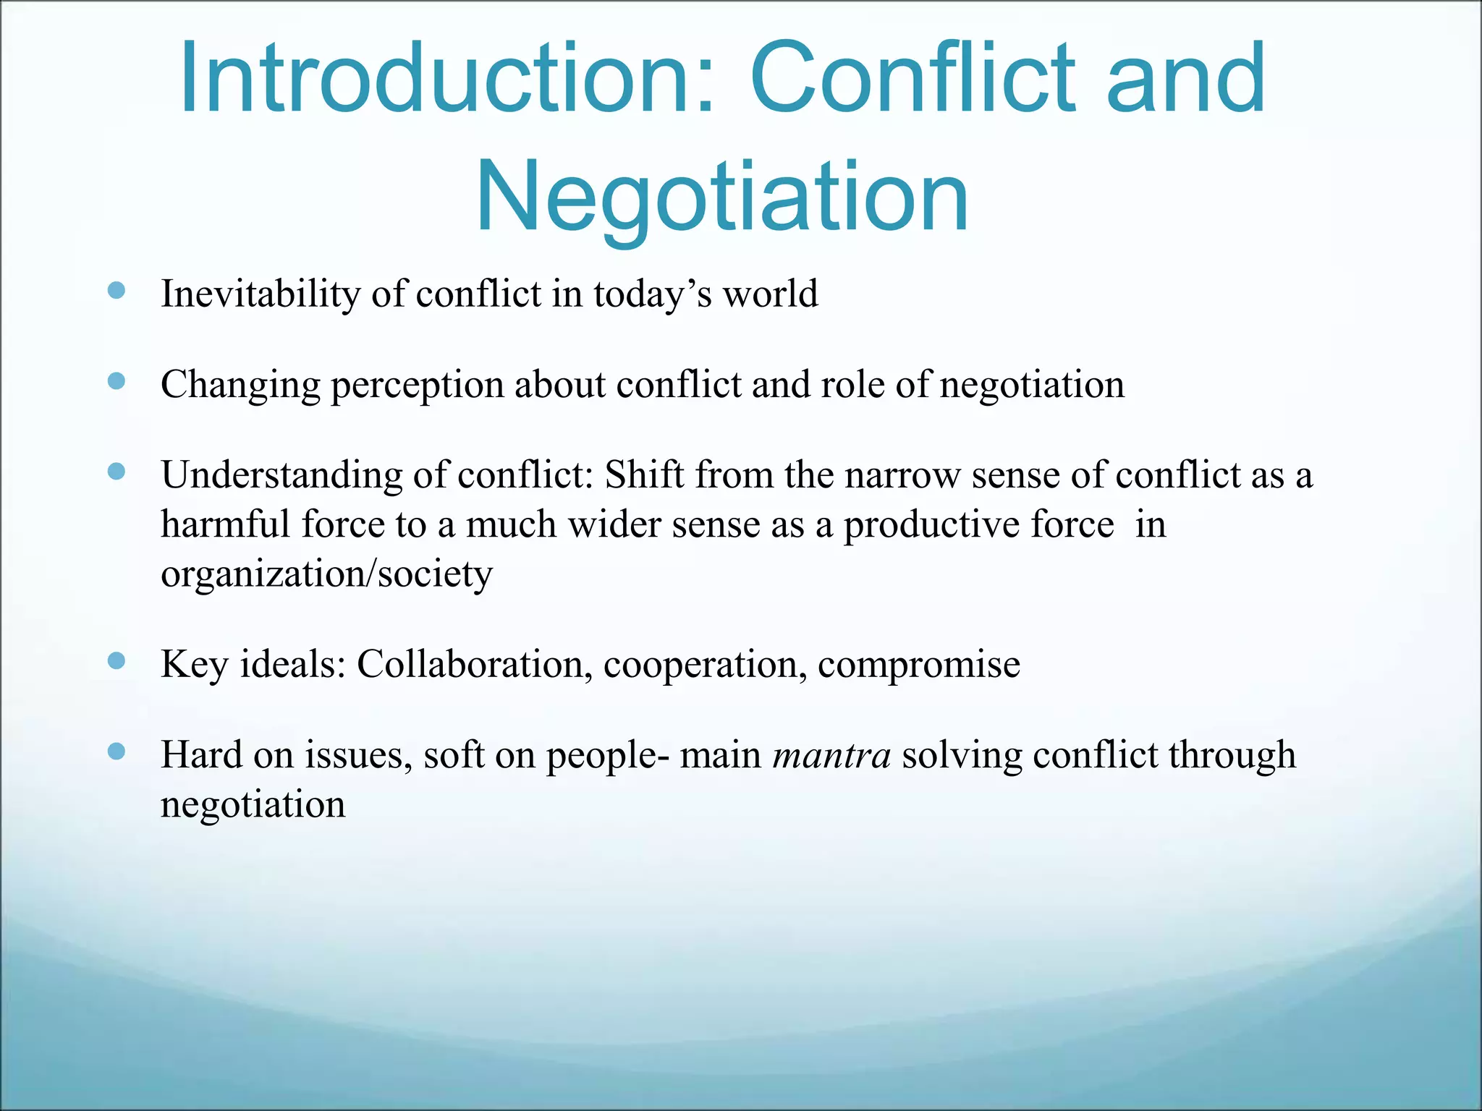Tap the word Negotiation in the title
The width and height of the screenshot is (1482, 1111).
click(722, 197)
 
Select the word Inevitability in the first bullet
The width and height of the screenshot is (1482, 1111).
click(260, 294)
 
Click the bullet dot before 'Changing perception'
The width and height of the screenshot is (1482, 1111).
click(117, 381)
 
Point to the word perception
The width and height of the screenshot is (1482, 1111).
click(417, 386)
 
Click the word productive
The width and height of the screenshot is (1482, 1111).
click(978, 526)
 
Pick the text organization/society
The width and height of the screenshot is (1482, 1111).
click(326, 575)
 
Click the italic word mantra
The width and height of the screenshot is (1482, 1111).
click(831, 756)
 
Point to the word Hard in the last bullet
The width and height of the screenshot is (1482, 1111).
click(201, 755)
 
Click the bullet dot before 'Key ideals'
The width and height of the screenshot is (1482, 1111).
click(117, 660)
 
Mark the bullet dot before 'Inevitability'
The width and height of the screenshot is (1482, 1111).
click(117, 291)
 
